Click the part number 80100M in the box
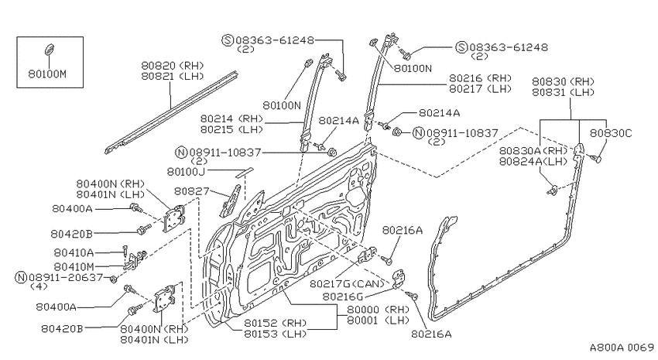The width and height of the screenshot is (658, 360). pos(47,74)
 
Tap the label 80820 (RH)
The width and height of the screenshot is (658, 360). pos(172,66)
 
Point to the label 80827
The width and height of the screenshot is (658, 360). pos(191,191)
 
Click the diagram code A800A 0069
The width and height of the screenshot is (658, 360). pos(622,348)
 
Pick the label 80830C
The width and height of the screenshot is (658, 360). pos(611,133)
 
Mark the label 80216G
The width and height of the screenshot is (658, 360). pos(343,297)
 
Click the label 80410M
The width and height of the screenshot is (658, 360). pos(74,266)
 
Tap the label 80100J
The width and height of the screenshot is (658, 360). pos(186,171)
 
